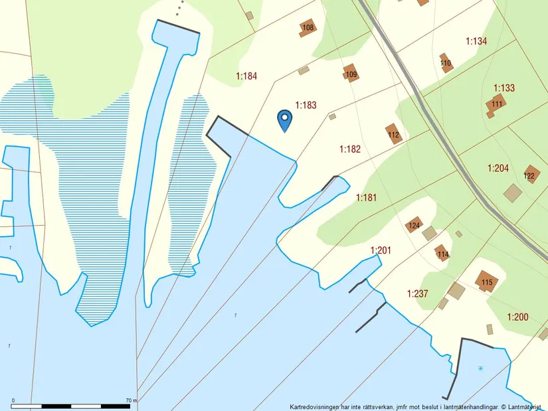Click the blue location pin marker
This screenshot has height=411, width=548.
284,120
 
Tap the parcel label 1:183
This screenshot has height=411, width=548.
306,105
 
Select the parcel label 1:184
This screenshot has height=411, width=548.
246,76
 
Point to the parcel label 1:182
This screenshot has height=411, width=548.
349,149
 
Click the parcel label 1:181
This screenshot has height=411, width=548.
366,197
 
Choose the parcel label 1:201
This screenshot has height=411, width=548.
381,250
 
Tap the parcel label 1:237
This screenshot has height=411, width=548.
418,293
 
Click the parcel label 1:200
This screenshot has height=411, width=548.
517,317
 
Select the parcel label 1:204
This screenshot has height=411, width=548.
498,169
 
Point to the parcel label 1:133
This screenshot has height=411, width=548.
504,88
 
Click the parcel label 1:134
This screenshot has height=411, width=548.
476,41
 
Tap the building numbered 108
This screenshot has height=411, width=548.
308,27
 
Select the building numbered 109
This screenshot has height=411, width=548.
351,74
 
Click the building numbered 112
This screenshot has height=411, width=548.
394,135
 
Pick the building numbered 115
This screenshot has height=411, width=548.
487,282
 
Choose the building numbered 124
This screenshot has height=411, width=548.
414,226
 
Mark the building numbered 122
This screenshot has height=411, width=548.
530,175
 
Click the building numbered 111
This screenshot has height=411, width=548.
497,104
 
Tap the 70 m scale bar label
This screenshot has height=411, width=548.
130,400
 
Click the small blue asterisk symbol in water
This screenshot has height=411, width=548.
480,368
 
